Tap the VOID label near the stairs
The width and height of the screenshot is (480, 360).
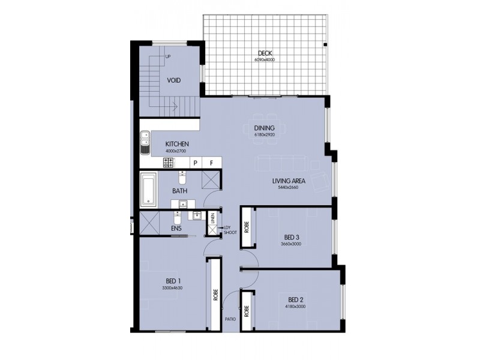(174, 80)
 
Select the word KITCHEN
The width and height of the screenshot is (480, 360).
(178, 144)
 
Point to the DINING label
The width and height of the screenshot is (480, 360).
(264, 128)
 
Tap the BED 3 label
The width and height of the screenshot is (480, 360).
(293, 237)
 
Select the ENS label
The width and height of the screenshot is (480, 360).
(176, 229)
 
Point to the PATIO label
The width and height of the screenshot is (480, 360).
(229, 320)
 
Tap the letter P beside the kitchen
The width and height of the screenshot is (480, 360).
(195, 163)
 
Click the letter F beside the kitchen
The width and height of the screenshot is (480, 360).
(211, 163)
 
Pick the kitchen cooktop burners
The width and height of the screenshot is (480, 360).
(167, 163)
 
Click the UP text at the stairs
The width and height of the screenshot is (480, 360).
(167, 57)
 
